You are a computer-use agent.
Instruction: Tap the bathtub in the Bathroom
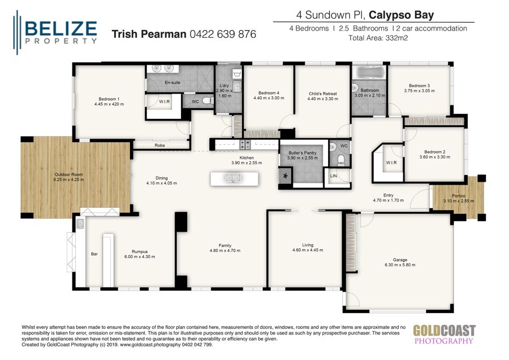(x=369, y=73)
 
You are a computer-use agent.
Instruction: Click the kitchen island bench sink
(x=234, y=178)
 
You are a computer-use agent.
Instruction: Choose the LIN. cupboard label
(x=335, y=176)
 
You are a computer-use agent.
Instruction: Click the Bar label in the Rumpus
(x=94, y=254)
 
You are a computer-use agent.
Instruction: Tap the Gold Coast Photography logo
(x=444, y=334)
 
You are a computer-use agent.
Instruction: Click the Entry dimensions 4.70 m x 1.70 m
(x=388, y=200)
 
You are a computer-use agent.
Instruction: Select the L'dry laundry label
(x=224, y=85)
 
